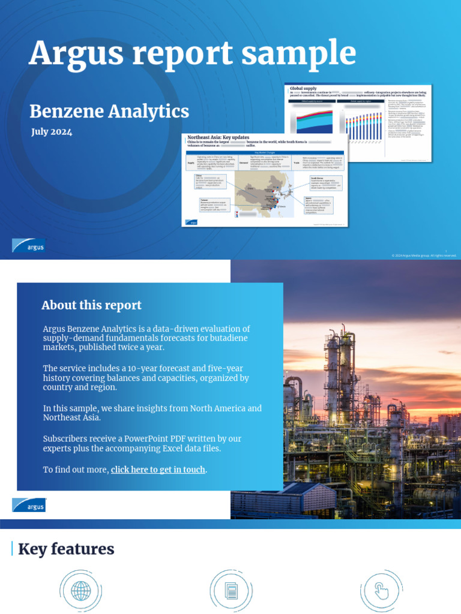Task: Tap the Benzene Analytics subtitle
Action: pyautogui.click(x=109, y=111)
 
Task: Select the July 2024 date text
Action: pyautogui.click(x=52, y=132)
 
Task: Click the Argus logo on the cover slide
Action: pyautogui.click(x=28, y=245)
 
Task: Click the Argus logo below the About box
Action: pyautogui.click(x=28, y=505)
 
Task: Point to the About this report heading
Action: pyautogui.click(x=91, y=305)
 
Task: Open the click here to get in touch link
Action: pyautogui.click(x=158, y=469)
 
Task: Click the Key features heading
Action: pyautogui.click(x=66, y=549)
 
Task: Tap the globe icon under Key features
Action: pyautogui.click(x=80, y=591)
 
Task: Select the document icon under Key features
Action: pyautogui.click(x=230, y=591)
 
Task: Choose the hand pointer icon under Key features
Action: pyautogui.click(x=381, y=591)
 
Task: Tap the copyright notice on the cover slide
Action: pyautogui.click(x=424, y=255)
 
